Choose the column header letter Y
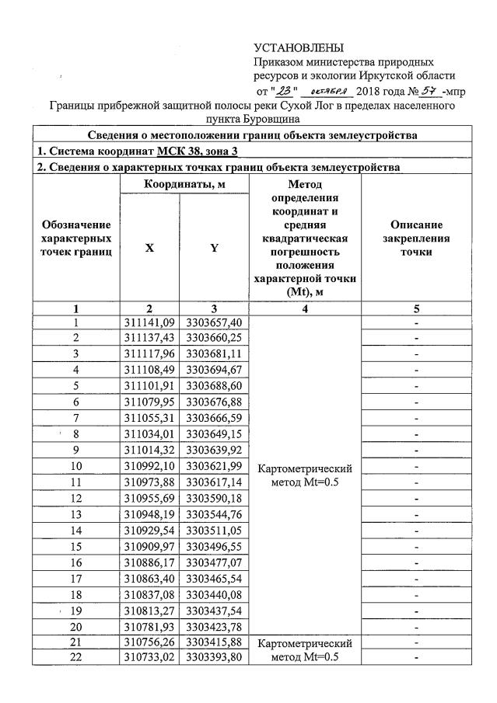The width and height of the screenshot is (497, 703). pos(214,248)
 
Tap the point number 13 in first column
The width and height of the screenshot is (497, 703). pos(76,513)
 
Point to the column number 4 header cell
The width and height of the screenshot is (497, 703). pos(305,308)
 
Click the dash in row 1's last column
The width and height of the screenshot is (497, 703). pos(417,322)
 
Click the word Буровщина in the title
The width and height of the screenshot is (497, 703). pos(250,120)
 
